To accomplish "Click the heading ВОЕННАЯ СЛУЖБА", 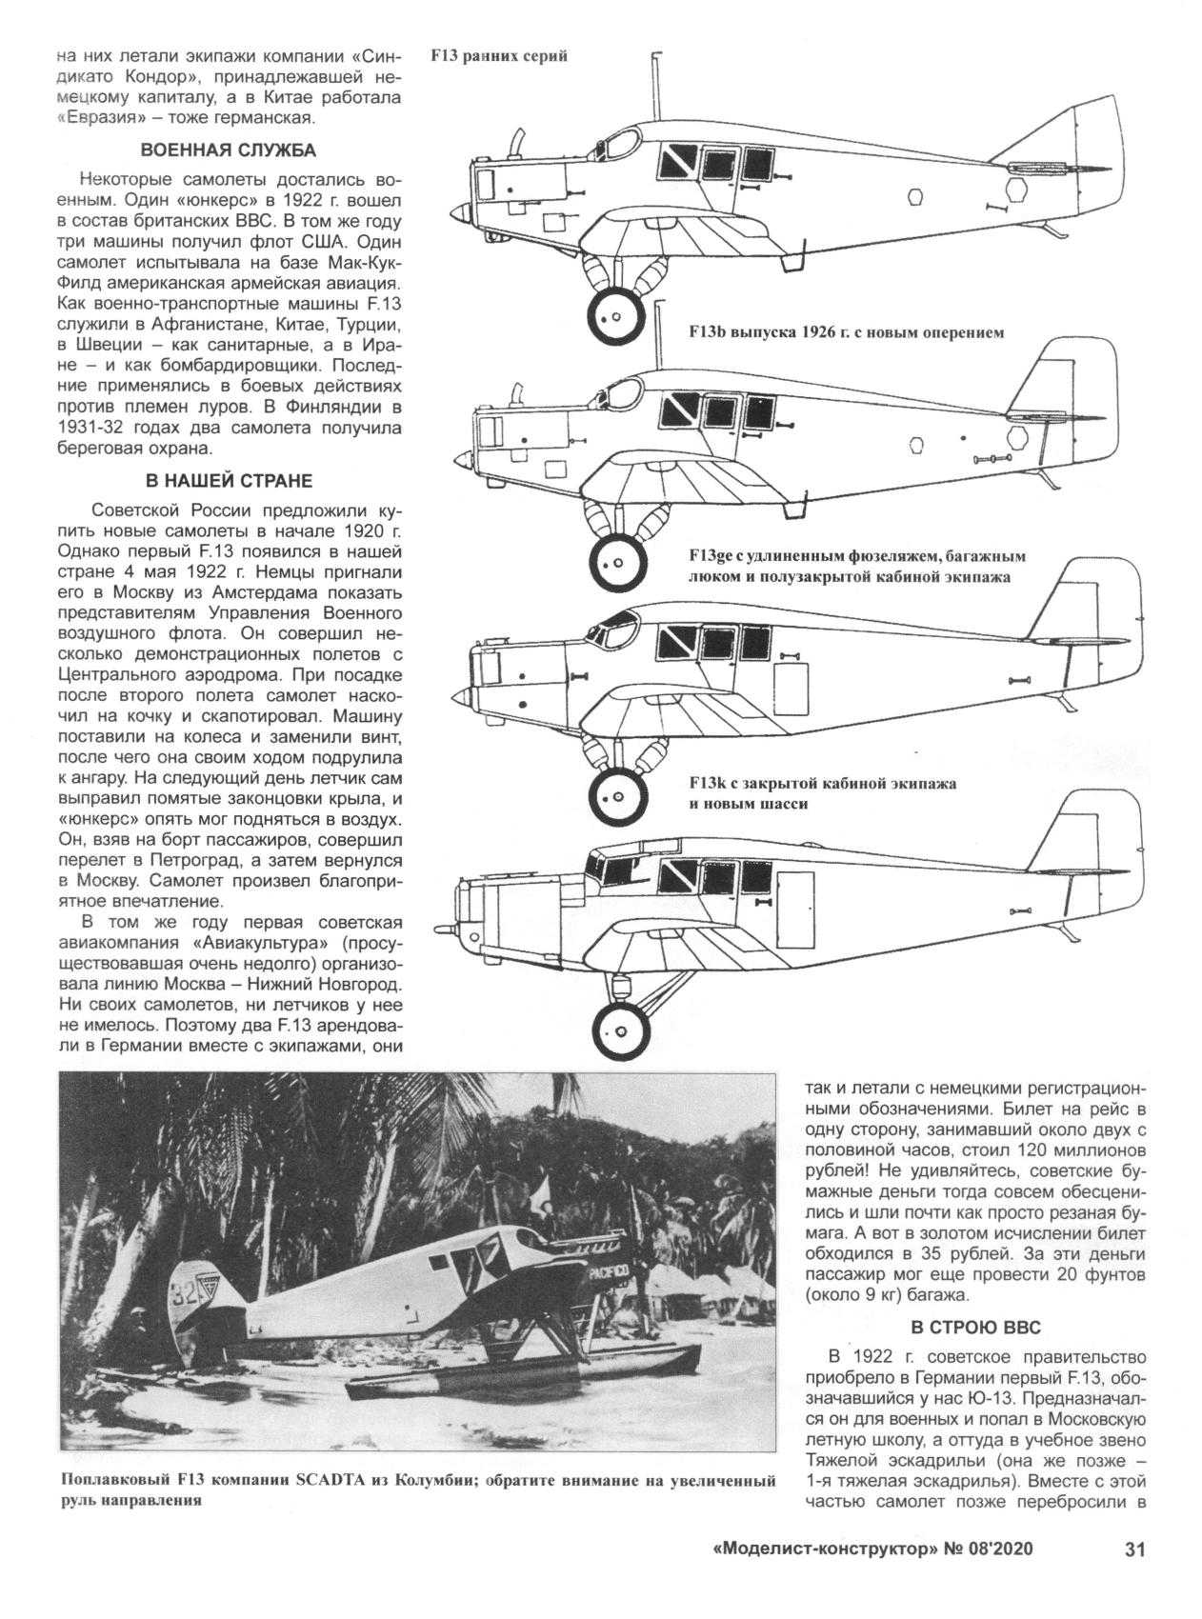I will point(229,150).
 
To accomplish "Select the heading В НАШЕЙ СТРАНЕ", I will point(229,480).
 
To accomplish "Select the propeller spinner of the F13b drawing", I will point(458,460).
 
